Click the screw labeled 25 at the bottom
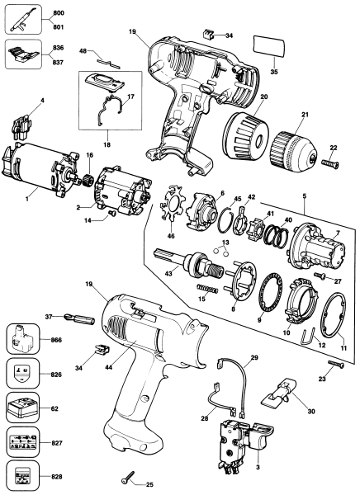[x=128, y=475]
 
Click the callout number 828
[x=56, y=478]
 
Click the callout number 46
[x=169, y=235]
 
